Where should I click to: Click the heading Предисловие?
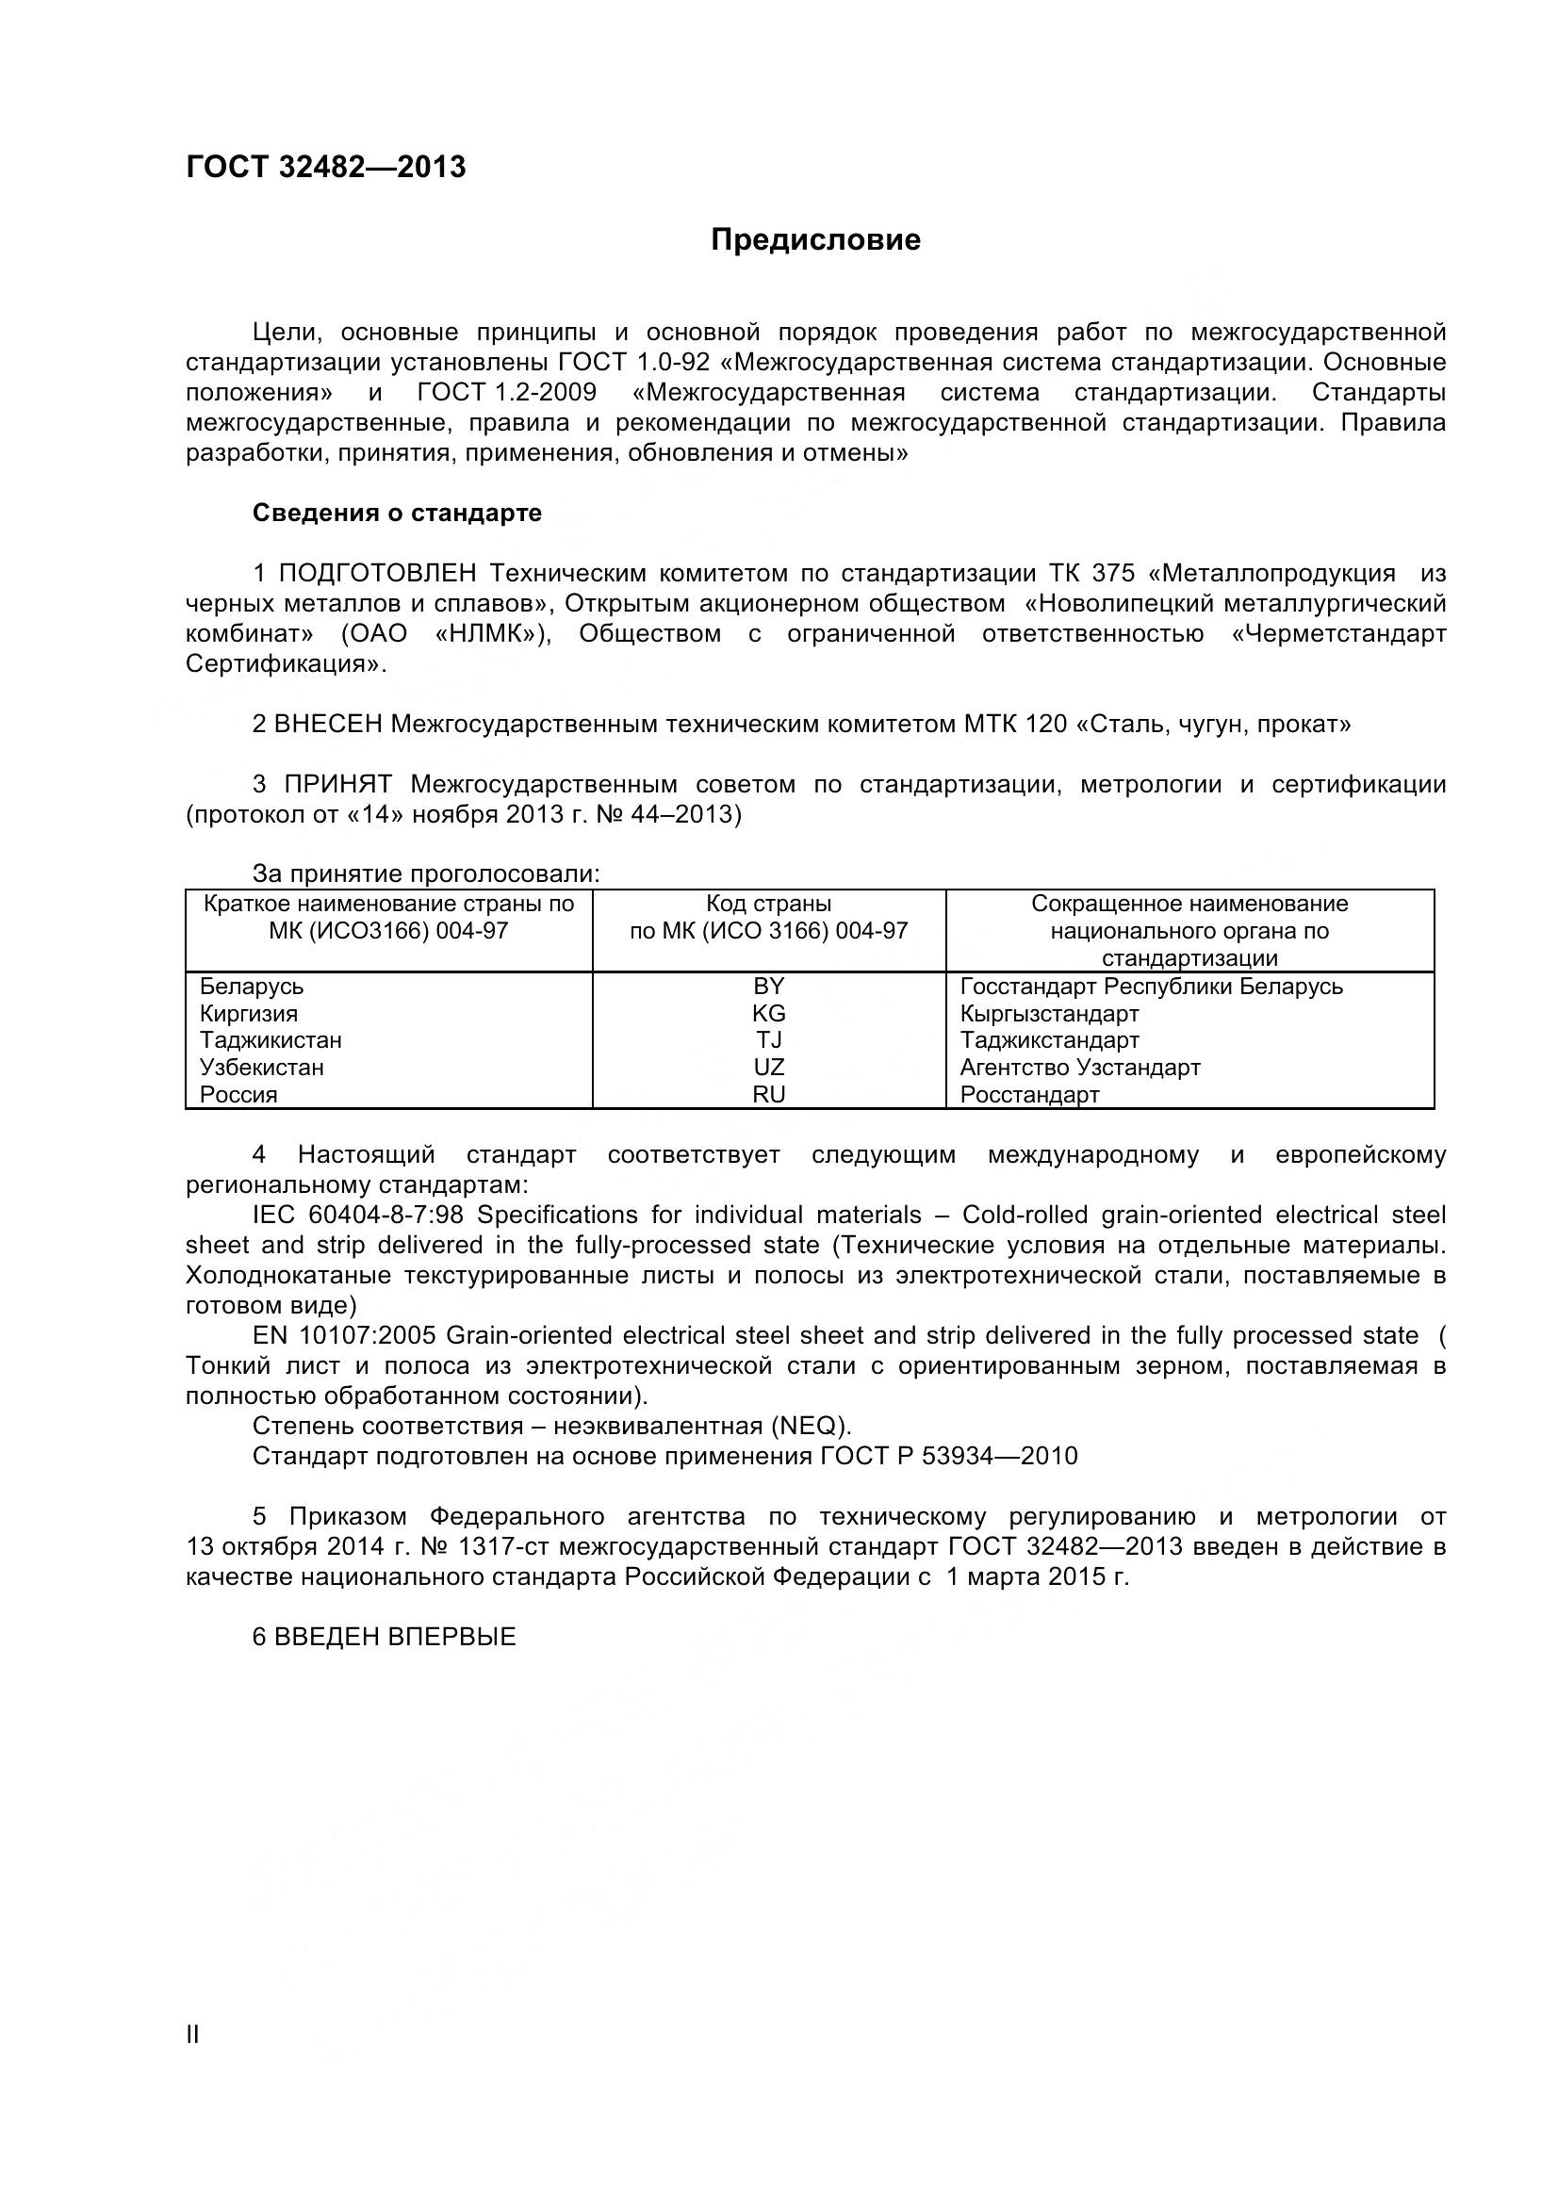click(815, 240)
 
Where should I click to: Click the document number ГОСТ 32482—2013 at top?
click(325, 167)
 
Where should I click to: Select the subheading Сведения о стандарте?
click(397, 513)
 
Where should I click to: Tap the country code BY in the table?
click(768, 986)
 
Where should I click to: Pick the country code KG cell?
click(768, 1013)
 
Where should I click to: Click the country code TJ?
click(768, 1039)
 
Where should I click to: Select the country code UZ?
click(768, 1067)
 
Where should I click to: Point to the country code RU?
click(768, 1094)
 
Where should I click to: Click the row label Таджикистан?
click(270, 1039)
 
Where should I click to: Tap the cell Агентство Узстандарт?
click(1079, 1067)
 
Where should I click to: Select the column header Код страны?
click(768, 904)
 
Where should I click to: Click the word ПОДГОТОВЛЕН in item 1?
click(377, 573)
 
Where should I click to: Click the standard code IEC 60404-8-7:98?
click(357, 1215)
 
